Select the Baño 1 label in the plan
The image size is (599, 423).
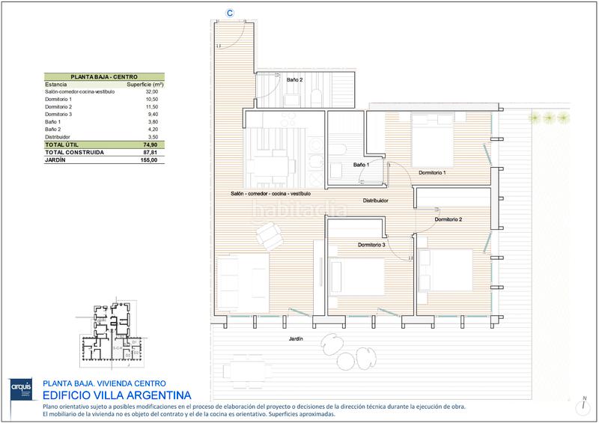pyautogui.click(x=361, y=164)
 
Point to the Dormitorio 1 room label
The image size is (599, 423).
pyautogui.click(x=432, y=173)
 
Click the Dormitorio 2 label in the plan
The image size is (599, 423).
pyautogui.click(x=448, y=219)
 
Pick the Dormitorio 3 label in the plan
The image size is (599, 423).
pyautogui.click(x=371, y=245)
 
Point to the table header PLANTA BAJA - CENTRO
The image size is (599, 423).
pyautogui.click(x=103, y=76)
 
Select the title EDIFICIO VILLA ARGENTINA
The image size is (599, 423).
pyautogui.click(x=118, y=394)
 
